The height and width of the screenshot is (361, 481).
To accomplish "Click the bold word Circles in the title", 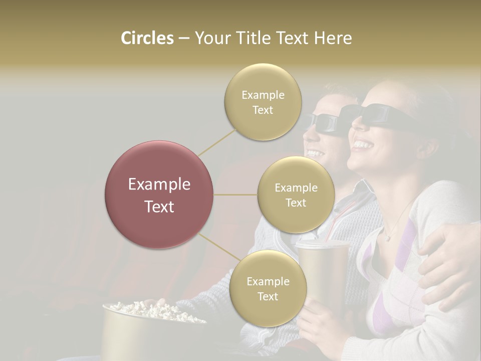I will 147,38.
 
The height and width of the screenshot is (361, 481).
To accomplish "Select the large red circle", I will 159,195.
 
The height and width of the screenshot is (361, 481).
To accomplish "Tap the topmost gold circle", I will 263,102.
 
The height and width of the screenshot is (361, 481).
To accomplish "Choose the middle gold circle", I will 296,195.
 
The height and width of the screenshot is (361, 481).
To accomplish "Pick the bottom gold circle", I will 268,288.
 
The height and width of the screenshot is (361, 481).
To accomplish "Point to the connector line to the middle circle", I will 235,195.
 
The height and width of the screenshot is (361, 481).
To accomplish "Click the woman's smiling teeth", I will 363,145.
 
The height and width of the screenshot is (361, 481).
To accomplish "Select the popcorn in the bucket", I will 145,308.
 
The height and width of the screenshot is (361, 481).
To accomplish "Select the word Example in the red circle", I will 159,185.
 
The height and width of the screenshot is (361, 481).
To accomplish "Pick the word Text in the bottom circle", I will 268,296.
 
